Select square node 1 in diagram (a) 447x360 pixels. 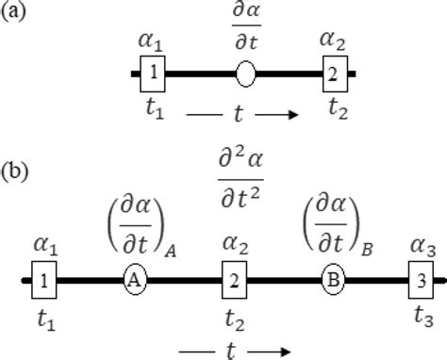[154, 71]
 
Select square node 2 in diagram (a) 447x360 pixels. [334, 71]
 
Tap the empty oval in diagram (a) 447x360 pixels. [245, 72]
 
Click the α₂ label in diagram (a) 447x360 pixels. [334, 40]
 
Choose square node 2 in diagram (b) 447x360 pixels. [235, 279]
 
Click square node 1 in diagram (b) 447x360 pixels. [44, 279]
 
